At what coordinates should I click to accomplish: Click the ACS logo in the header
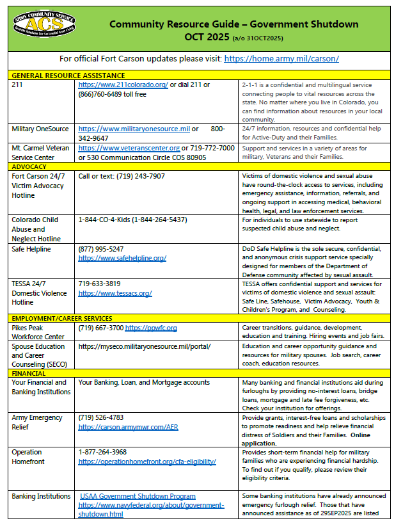pos(41,25)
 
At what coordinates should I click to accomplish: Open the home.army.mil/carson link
pos(281,58)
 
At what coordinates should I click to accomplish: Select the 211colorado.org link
pos(123,84)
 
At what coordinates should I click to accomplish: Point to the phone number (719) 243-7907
pos(122,176)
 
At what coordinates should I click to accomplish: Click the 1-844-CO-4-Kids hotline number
pos(132,220)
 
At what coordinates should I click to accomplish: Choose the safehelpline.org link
pos(122,258)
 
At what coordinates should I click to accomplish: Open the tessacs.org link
pos(115,293)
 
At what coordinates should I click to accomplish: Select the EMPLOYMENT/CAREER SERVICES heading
pos(62,318)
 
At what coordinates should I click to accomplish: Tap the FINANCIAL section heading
pos(29,373)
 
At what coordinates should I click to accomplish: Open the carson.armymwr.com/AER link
pos(128,426)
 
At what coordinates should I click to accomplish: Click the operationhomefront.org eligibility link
pos(147,461)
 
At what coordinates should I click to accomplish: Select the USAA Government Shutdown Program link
pos(138,496)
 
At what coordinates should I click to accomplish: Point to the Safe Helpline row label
pos(31,249)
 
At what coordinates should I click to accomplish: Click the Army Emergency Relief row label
pos(38,422)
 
